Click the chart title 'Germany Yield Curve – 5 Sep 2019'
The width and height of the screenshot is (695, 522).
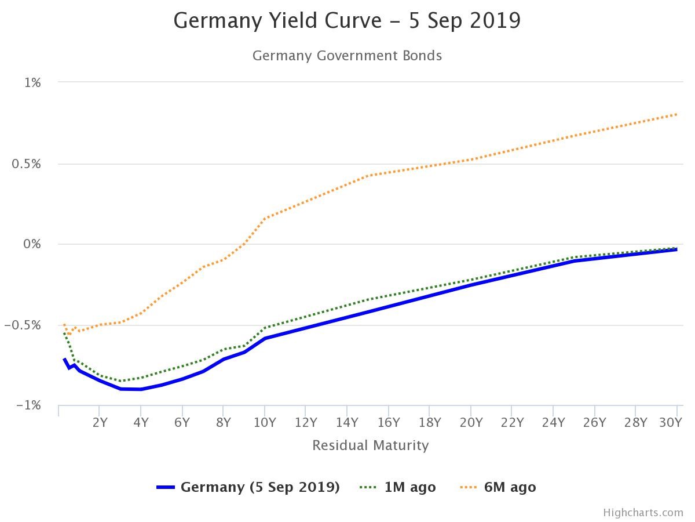click(x=347, y=21)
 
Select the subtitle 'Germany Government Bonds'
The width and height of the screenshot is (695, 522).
click(x=347, y=56)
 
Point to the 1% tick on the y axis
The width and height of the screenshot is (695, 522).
click(x=32, y=83)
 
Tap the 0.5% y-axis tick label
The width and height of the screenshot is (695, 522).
click(x=27, y=164)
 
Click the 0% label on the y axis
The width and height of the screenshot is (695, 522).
click(x=32, y=244)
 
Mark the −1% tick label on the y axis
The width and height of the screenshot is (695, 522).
click(x=29, y=405)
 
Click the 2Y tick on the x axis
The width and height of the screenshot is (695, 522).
click(x=100, y=422)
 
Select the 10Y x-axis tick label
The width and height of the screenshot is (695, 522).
click(x=265, y=422)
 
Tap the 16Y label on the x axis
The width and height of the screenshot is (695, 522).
click(x=389, y=422)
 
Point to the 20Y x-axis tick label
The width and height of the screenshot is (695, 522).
click(x=471, y=422)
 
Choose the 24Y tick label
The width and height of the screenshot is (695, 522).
click(x=554, y=422)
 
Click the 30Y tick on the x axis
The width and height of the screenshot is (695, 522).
click(x=671, y=422)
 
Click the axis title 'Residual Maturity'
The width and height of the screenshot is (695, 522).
click(x=371, y=445)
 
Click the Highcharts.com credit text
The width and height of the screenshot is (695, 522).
click(x=643, y=513)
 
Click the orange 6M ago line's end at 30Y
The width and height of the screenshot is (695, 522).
click(x=676, y=114)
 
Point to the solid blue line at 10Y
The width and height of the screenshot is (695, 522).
click(x=265, y=338)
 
